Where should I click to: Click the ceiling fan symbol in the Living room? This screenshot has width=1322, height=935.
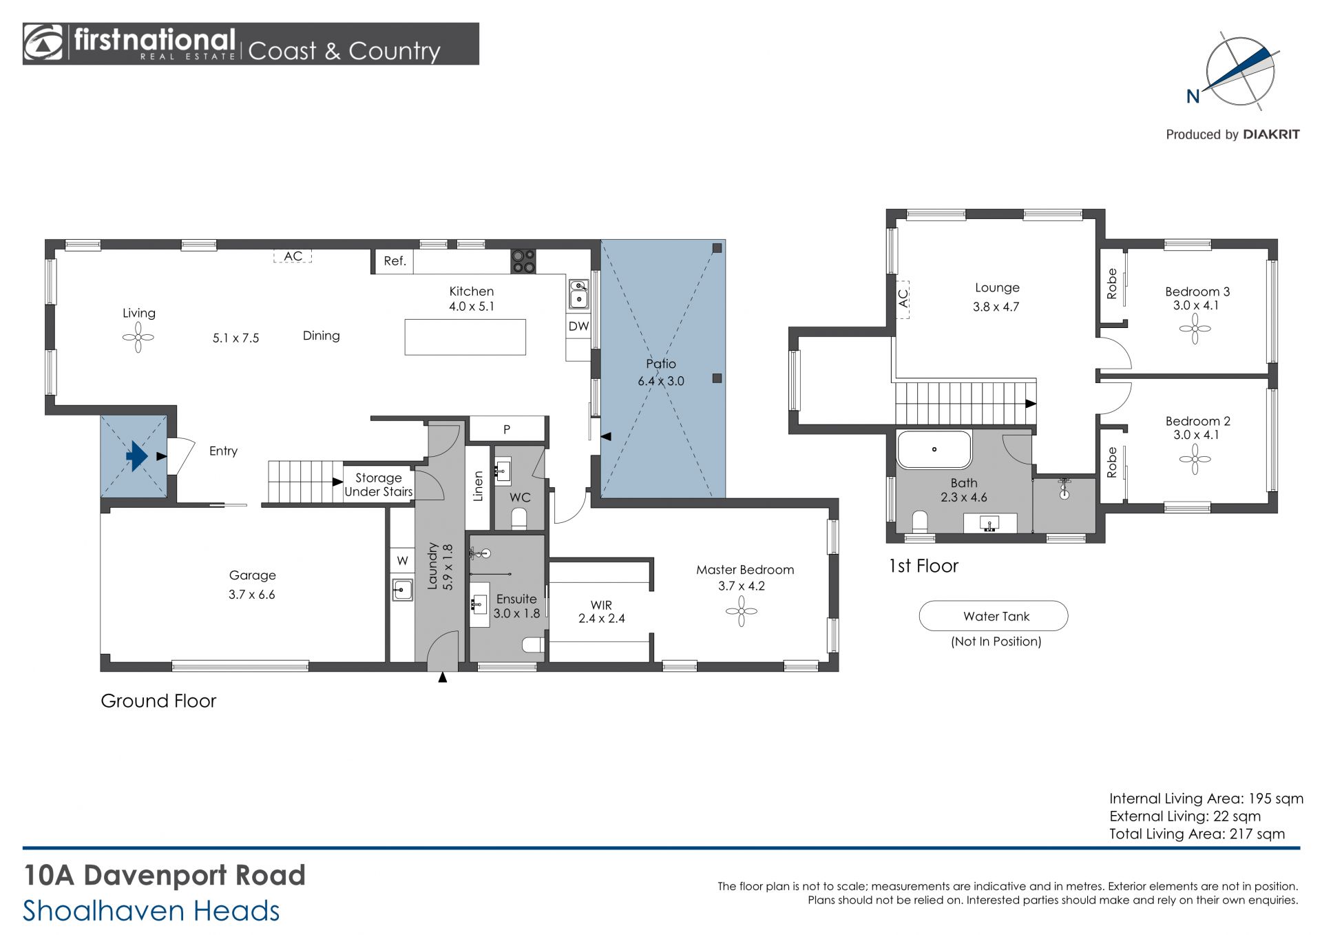(138, 338)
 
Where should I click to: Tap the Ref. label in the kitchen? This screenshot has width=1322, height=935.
(395, 261)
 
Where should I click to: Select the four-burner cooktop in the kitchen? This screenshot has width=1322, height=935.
(523, 261)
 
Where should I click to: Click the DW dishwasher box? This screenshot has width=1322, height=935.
(578, 327)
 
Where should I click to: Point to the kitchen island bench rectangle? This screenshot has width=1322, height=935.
(465, 337)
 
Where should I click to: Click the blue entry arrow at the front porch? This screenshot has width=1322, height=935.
(137, 455)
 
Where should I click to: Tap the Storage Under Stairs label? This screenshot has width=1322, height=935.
(379, 484)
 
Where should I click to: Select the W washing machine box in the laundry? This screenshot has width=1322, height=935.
(402, 561)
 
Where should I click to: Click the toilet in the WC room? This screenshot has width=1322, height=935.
(519, 518)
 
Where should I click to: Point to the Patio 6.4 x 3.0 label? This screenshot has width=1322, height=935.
(661, 372)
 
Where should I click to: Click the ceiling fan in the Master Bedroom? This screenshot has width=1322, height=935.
(742, 610)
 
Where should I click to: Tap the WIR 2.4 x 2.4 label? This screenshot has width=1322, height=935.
(602, 612)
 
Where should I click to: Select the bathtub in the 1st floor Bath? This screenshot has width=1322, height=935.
(934, 450)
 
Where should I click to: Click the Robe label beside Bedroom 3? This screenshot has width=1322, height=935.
(1111, 284)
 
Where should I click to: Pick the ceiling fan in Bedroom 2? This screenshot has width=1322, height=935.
(1195, 459)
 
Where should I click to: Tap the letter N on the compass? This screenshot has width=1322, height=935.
(1193, 96)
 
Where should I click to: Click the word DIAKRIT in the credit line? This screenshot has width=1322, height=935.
(1271, 134)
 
